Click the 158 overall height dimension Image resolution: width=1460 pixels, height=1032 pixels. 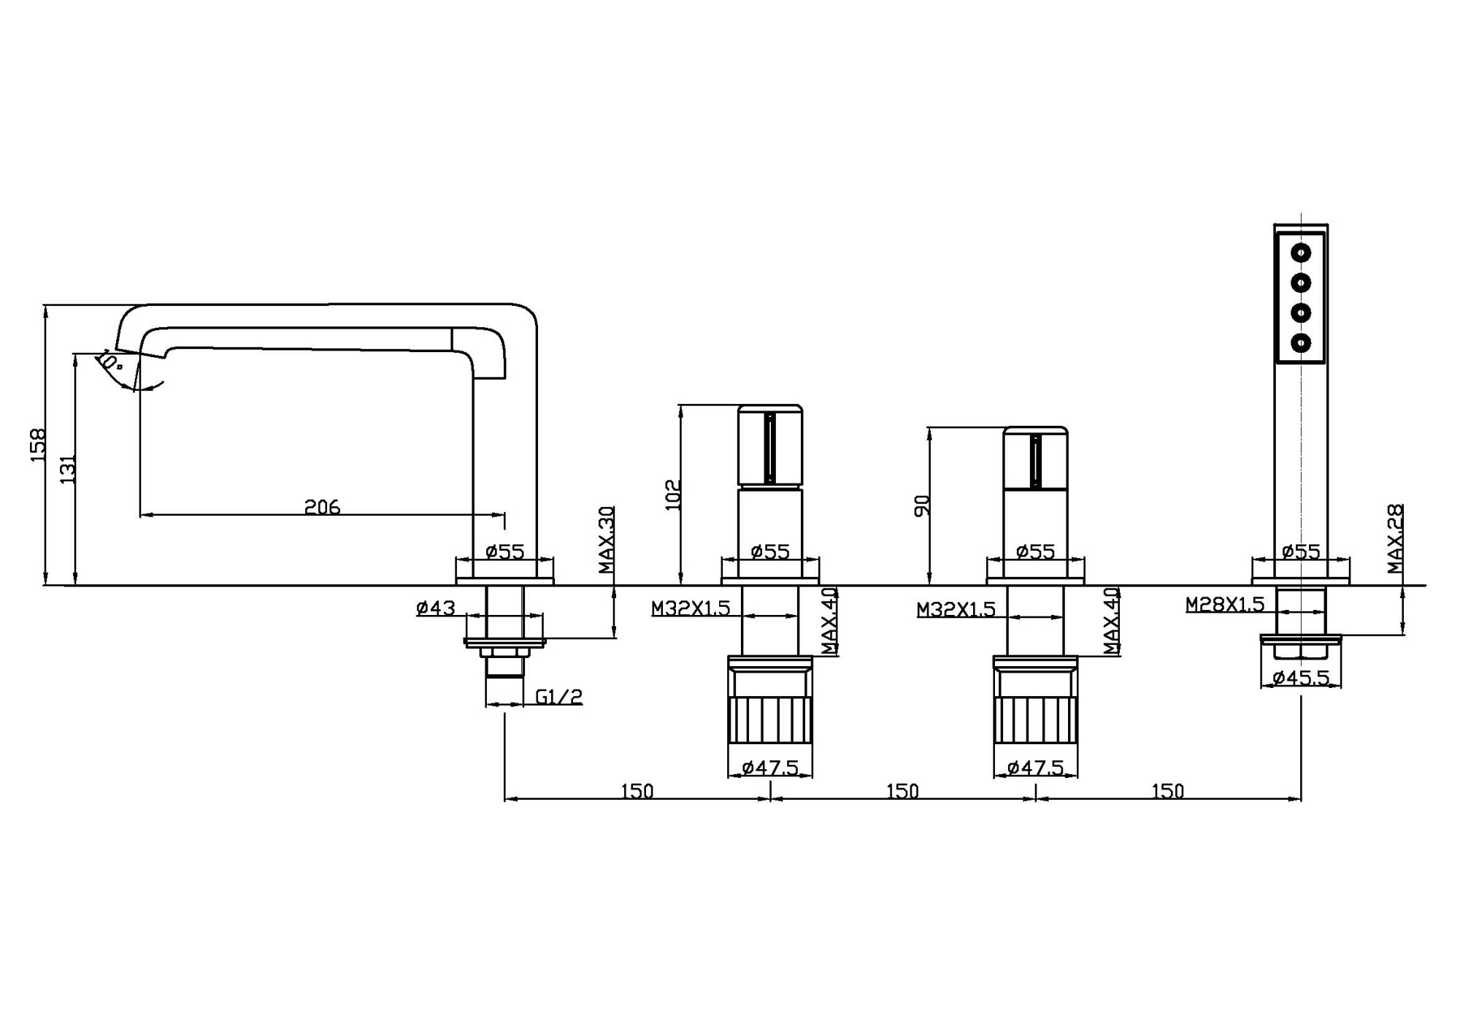[38, 444]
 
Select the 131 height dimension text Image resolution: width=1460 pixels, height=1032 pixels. [68, 469]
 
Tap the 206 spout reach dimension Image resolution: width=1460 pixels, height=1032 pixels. [322, 507]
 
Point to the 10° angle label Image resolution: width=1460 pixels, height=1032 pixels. [109, 360]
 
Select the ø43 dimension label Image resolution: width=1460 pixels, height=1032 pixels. [436, 608]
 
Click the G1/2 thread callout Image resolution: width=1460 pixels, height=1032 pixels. [559, 697]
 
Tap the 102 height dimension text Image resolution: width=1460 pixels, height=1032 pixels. [673, 494]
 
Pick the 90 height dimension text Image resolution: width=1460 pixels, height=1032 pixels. [923, 505]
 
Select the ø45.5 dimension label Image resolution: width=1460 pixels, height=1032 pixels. [1301, 678]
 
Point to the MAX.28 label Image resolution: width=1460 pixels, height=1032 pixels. [1395, 538]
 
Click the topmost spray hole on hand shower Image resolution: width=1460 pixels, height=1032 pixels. [1301, 253]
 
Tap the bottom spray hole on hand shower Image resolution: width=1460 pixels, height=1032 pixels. [1301, 343]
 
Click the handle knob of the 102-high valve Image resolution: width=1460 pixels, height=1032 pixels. [770, 446]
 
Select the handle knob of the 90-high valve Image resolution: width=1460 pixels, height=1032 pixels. [1035, 458]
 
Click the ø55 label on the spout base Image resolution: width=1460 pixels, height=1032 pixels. [505, 551]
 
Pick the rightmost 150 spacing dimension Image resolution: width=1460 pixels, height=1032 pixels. [1167, 791]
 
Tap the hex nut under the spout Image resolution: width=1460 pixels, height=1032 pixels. [504, 653]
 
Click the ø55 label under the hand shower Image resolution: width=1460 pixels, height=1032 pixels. [1301, 551]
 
